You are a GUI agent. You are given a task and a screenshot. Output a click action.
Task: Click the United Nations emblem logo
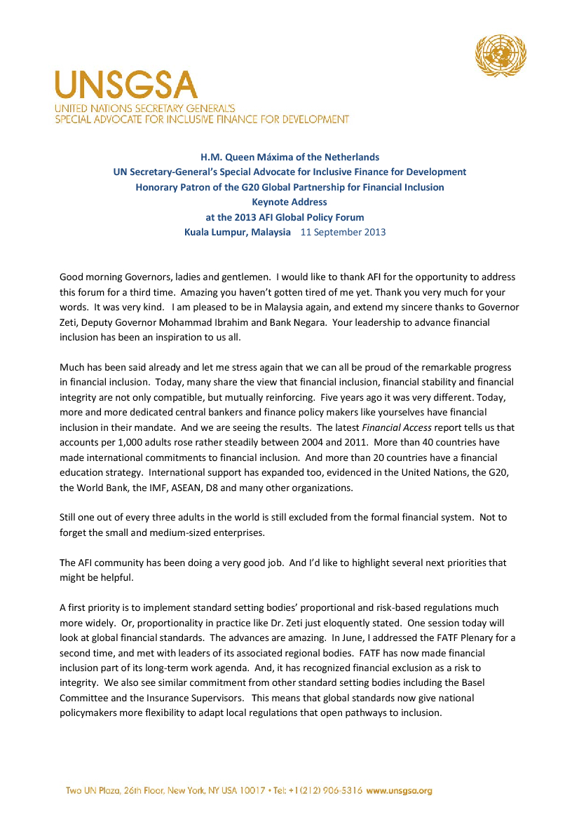click(500, 56)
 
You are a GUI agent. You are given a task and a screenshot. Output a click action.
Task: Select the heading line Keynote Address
click(289, 202)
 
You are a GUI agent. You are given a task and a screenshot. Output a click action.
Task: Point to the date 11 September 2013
click(343, 232)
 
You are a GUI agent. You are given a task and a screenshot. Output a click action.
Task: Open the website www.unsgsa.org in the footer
click(400, 791)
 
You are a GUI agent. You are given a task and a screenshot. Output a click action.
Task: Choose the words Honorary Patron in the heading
click(170, 187)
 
